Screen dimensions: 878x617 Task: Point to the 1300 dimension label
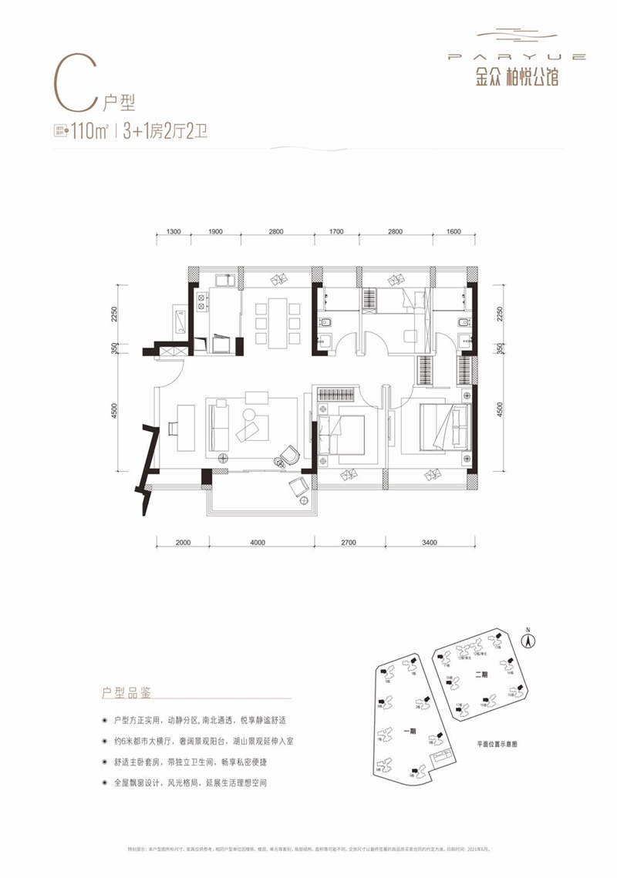point(174,232)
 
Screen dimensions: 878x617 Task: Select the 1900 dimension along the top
point(215,232)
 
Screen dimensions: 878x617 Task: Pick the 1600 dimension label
point(453,232)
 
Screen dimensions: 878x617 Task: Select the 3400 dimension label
point(430,543)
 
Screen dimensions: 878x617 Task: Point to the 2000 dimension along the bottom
point(183,543)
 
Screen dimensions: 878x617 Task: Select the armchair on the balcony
point(298,486)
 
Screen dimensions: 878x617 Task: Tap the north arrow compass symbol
point(529,639)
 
